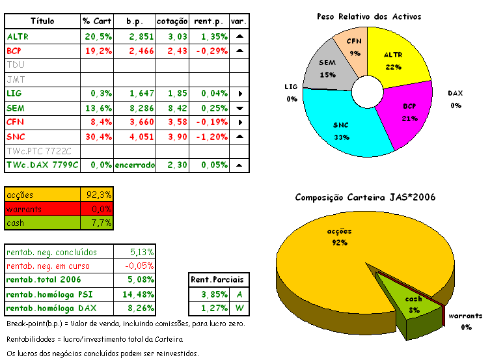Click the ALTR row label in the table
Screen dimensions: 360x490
coord(18,36)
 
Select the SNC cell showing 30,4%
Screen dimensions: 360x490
coord(97,136)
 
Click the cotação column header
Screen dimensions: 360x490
coord(172,21)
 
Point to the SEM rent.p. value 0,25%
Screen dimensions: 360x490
coord(210,107)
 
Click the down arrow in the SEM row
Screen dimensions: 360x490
coord(239,108)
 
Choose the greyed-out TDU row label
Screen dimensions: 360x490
coord(16,64)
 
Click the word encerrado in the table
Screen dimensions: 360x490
coord(135,165)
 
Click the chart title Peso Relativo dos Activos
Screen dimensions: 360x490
coord(368,16)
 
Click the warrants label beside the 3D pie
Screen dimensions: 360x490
coord(465,316)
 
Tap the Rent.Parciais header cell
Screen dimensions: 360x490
coord(215,280)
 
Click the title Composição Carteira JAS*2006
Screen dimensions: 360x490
coord(365,197)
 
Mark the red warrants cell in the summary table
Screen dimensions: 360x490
coord(42,209)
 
